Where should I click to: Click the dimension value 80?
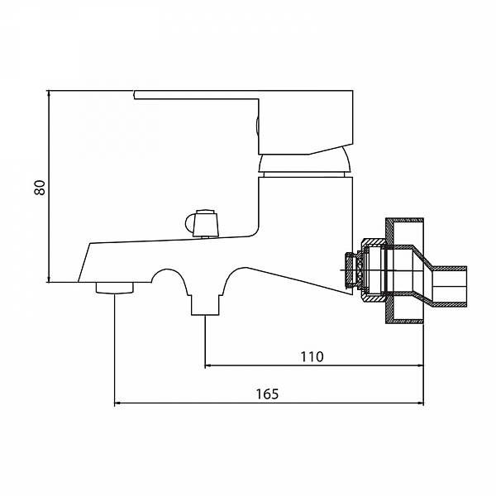coord(41,188)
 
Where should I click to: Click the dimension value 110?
coord(312,356)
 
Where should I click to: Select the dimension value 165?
coord(267,393)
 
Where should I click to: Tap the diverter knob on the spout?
coord(202,223)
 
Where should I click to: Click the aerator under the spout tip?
coord(115,288)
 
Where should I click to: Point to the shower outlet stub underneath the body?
coord(205,305)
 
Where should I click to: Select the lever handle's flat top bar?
coord(243,95)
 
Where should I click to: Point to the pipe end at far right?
coord(449,286)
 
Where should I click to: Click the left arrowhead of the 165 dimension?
coord(117,403)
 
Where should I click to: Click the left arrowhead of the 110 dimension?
coord(207,365)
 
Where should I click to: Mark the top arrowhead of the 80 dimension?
coord(49,93)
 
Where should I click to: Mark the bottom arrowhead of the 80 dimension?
coord(49,279)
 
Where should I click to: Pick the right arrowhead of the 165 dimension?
coord(421,403)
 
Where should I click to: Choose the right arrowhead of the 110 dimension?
coord(421,365)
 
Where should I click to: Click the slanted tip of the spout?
coord(84,263)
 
